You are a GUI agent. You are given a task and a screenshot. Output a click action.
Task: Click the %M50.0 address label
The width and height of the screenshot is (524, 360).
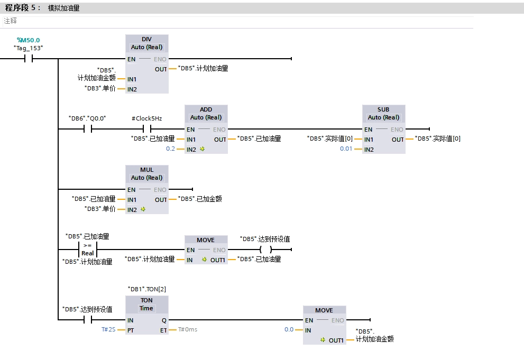coord(28,40)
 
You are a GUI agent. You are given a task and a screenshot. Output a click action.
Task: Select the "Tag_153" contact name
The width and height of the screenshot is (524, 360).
coord(28,48)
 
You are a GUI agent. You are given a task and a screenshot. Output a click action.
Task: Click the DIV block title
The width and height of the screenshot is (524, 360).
coord(147,40)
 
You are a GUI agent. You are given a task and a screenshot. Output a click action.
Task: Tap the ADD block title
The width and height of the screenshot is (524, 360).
coord(206,109)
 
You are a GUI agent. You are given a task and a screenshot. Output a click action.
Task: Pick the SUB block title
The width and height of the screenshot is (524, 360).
coord(384,109)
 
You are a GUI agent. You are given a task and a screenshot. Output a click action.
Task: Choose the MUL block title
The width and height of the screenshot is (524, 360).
coord(147,170)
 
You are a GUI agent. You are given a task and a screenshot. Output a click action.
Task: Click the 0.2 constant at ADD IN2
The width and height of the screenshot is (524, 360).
coord(170,149)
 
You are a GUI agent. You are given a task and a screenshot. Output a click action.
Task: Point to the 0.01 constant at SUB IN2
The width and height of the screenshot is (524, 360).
coord(346,149)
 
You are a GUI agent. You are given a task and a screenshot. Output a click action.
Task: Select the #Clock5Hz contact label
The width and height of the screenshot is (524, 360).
coord(147,118)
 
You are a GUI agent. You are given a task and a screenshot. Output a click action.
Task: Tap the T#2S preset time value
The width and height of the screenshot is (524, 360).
coord(108,329)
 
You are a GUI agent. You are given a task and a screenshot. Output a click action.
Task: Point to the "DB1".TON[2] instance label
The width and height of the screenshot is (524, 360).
coord(147,289)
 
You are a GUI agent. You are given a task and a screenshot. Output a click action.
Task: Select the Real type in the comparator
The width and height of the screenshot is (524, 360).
coord(88,253)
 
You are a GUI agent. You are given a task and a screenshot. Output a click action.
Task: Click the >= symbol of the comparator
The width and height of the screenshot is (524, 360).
coord(88,246)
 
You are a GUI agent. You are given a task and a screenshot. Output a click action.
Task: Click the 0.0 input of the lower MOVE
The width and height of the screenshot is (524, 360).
coord(289,329)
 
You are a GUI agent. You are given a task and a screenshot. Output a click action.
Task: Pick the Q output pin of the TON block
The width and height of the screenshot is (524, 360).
coord(163,320)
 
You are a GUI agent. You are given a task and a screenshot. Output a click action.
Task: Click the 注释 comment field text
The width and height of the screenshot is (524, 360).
coord(11,21)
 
